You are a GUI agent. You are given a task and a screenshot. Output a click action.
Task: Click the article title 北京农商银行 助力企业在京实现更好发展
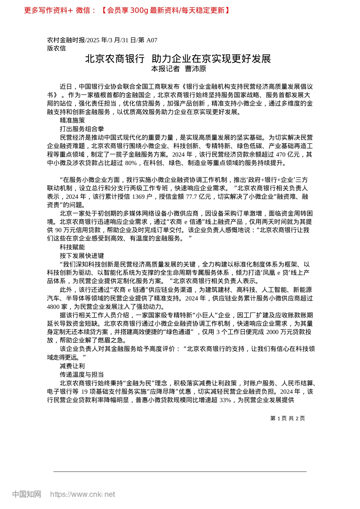[178, 59]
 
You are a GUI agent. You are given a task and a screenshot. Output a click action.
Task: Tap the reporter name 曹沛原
[196, 69]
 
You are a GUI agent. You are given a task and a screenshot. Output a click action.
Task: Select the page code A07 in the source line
[152, 40]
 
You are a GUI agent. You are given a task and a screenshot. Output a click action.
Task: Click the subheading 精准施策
[72, 120]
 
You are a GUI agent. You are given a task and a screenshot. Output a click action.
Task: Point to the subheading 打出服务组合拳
[82, 129]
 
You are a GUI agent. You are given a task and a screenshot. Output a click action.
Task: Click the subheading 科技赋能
[72, 247]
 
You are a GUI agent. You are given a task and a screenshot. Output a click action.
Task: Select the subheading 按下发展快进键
[82, 256]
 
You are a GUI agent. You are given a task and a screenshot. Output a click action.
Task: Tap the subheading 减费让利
[72, 366]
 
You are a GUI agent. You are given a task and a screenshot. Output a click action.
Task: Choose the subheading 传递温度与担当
[82, 375]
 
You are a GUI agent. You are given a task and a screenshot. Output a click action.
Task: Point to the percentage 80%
[131, 163]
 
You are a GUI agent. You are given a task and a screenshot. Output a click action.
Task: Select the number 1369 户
[144, 197]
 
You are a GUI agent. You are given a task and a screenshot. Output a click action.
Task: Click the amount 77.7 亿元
[199, 197]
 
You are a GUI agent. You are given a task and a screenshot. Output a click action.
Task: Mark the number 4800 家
[57, 307]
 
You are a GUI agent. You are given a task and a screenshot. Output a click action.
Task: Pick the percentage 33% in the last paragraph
[225, 400]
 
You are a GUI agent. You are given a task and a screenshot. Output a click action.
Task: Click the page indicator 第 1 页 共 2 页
[287, 418]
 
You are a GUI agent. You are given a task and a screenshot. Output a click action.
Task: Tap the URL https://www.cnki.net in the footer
[83, 494]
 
